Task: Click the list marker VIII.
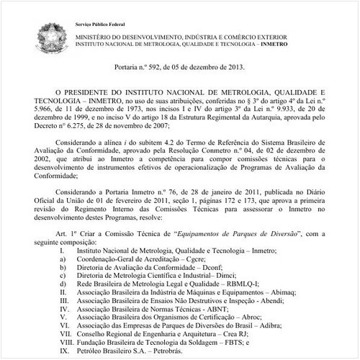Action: coord(60,346)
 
